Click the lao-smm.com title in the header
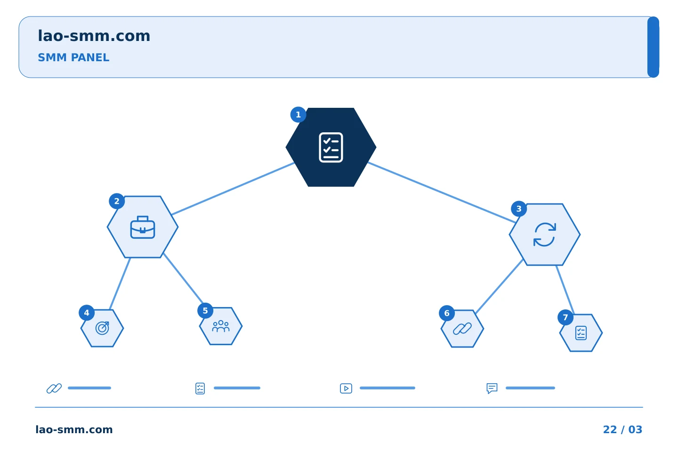point(94,36)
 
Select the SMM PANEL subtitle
point(73,57)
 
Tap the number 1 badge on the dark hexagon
point(298,115)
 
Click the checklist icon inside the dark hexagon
point(331,147)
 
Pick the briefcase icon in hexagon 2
point(143,227)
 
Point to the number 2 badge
point(117,201)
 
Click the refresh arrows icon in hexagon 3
point(544,234)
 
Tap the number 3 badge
point(519,209)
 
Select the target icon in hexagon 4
point(102,328)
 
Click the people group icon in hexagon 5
point(221,326)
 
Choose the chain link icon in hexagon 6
point(462,329)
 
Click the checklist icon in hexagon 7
point(581,333)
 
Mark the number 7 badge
point(565,317)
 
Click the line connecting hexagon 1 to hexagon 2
point(233,189)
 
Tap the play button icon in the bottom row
point(346,388)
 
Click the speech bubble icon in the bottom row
point(492,388)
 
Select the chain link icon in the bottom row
point(54,388)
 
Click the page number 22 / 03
point(622,429)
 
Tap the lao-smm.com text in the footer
point(74,429)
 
